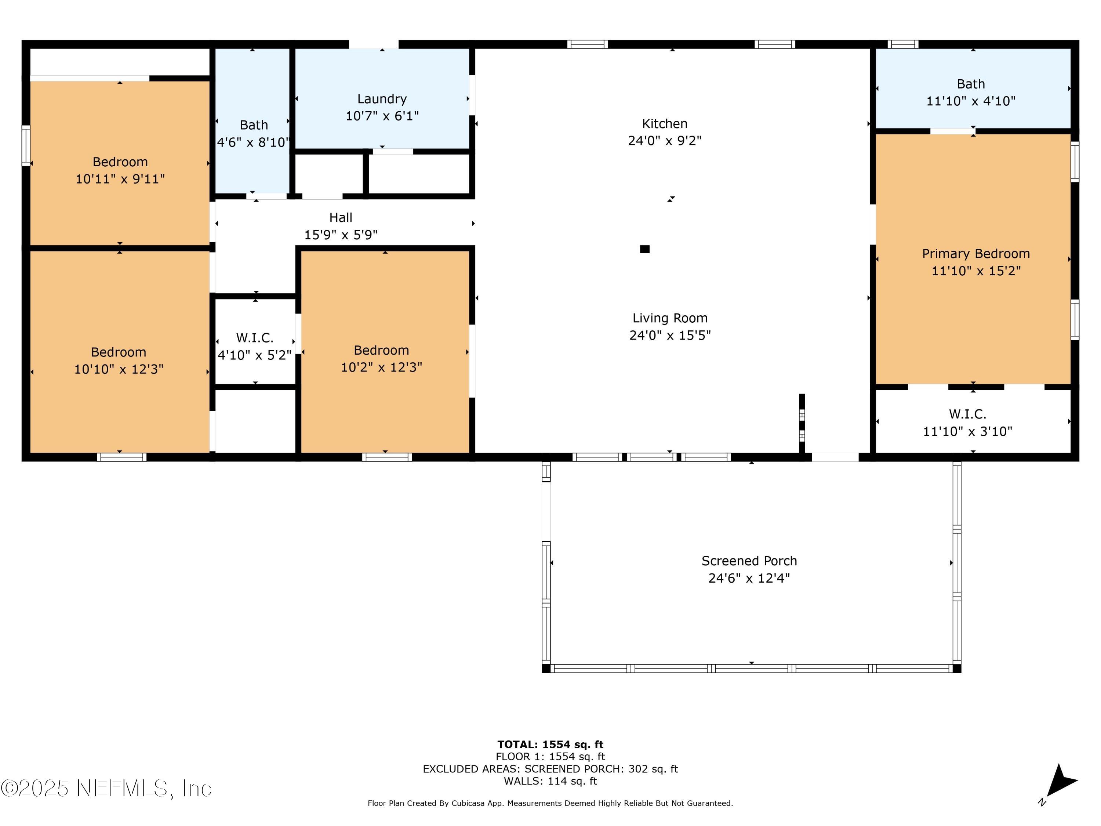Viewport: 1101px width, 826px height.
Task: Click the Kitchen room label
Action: click(x=665, y=123)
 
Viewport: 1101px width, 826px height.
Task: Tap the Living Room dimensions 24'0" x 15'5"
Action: click(x=670, y=335)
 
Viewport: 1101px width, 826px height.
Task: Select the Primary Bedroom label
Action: click(x=975, y=254)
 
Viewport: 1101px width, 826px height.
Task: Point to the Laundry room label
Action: click(x=382, y=99)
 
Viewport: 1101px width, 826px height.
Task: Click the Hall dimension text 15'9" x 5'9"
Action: click(x=341, y=235)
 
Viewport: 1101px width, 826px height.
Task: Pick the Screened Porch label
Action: click(x=749, y=561)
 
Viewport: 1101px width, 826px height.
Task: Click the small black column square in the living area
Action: click(x=644, y=249)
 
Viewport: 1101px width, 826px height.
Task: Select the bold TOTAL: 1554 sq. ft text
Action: click(x=550, y=745)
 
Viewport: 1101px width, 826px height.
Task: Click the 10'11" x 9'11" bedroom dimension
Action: click(x=120, y=179)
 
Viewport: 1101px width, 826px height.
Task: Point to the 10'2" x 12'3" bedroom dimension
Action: click(x=381, y=367)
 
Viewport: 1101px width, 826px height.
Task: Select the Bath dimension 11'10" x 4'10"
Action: click(x=971, y=101)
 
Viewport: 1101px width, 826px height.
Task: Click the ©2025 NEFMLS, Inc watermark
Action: click(x=106, y=788)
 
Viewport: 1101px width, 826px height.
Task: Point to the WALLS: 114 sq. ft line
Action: click(x=550, y=781)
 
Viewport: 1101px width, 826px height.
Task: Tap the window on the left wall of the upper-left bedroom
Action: click(x=26, y=145)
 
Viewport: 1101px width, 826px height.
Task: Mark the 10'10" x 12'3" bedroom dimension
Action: click(x=119, y=369)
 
